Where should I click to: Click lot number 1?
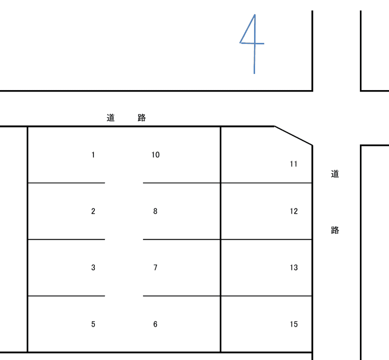[93, 155]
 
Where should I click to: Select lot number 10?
[155, 155]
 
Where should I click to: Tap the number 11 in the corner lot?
[294, 164]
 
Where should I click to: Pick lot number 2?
[93, 211]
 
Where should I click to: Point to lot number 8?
[155, 211]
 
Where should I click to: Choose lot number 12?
[294, 211]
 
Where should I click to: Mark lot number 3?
[93, 267]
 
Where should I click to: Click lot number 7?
[155, 267]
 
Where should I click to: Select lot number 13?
[294, 267]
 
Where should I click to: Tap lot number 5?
[93, 324]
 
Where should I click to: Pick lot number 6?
[155, 324]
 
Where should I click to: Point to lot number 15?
[294, 324]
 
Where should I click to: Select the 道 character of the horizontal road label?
[111, 118]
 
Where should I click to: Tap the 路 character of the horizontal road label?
[142, 118]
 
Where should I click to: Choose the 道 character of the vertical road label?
[335, 174]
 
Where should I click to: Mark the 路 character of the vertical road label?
[335, 230]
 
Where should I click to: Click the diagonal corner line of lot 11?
[293, 136]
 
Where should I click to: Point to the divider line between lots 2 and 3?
[66, 239]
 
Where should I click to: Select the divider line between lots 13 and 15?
[266, 296]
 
